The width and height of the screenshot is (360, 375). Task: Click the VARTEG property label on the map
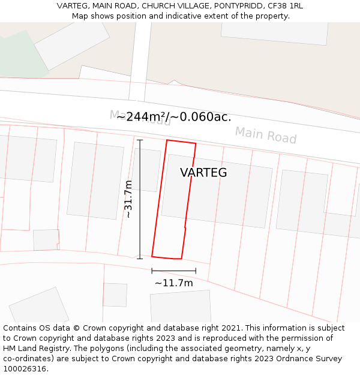[203, 173]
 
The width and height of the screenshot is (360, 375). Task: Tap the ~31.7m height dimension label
[128, 199]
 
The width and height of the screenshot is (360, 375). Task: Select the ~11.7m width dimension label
[173, 283]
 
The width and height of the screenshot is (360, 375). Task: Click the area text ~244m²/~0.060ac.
[174, 117]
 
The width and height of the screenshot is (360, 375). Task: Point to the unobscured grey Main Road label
[265, 135]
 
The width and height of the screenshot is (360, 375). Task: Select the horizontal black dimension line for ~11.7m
[173, 271]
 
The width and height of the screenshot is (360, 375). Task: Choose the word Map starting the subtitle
[80, 16]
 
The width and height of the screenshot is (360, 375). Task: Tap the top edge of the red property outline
[181, 142]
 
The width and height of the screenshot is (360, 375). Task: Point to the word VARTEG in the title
[73, 6]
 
